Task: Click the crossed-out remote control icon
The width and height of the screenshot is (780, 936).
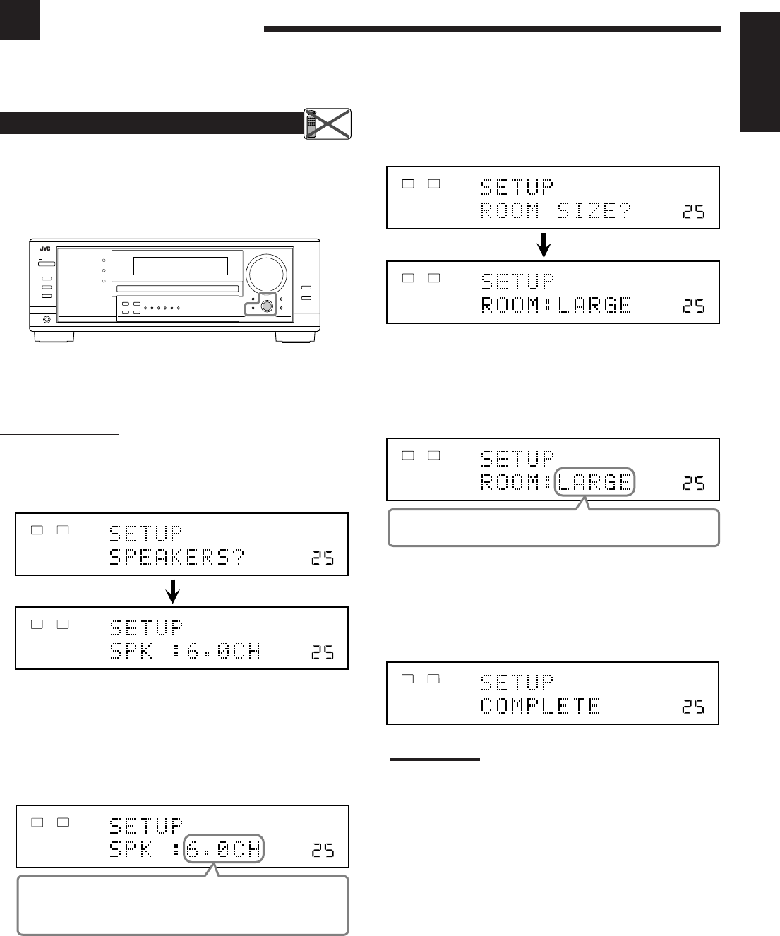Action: [328, 124]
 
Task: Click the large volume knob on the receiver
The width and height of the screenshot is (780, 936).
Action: [266, 271]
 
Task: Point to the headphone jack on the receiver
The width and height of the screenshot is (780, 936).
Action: [47, 320]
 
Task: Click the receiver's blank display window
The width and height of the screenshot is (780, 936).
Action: [181, 265]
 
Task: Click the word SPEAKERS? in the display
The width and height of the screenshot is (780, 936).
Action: [177, 558]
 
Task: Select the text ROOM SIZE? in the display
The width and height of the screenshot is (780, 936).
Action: [556, 211]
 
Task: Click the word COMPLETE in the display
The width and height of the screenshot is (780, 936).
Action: [541, 706]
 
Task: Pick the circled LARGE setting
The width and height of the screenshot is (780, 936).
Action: [595, 483]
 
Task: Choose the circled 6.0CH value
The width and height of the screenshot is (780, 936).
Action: [223, 849]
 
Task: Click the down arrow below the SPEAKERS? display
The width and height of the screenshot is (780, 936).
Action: [172, 592]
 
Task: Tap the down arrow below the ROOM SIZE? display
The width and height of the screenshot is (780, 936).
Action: [544, 245]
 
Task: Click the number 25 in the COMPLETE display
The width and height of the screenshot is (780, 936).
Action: [693, 706]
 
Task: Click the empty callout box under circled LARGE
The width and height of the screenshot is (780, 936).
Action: [553, 529]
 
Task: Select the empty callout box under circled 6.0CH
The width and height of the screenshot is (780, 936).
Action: [183, 906]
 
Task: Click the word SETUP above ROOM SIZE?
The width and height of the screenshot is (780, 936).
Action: [517, 187]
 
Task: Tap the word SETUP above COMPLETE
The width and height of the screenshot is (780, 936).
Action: [517, 683]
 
